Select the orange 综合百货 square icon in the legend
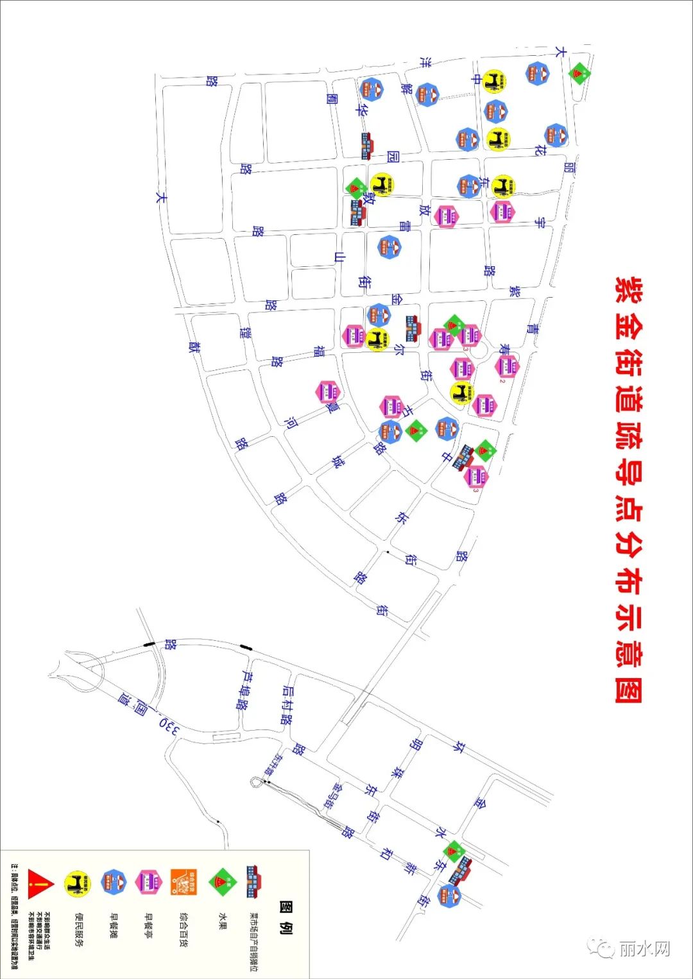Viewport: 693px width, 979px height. coord(184,883)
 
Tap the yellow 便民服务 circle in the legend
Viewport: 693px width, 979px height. coord(78,884)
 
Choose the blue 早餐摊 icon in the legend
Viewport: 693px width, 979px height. coord(114,883)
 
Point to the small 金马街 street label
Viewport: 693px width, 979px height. coord(338,796)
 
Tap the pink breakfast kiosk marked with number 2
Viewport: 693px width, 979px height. coord(507,366)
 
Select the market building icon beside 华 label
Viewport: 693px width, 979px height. coord(367,146)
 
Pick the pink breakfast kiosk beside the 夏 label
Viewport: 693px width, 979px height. coord(327,391)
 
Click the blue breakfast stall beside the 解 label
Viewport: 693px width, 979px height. coord(427,95)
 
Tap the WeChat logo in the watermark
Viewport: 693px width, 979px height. coord(603,948)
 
